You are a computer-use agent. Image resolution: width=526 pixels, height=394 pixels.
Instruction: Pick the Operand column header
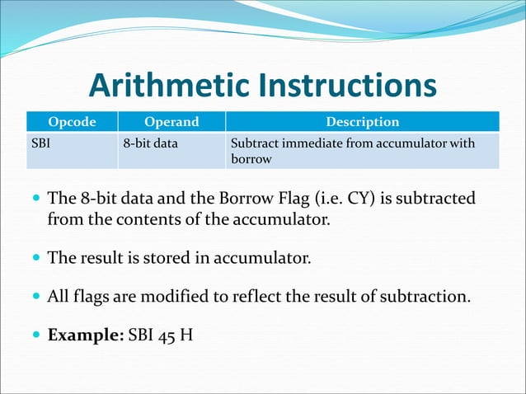[x=171, y=122]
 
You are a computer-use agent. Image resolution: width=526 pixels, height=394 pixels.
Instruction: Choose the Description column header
[x=363, y=122]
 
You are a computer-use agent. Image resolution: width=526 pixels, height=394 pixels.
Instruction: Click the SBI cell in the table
[x=40, y=143]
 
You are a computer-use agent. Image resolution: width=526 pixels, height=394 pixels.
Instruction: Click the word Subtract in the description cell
[x=256, y=143]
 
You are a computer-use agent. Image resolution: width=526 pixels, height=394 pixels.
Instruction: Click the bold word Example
[x=86, y=335]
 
